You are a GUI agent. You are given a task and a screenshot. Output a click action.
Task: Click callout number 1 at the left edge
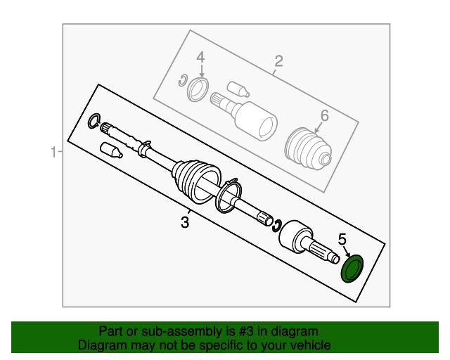click(53, 152)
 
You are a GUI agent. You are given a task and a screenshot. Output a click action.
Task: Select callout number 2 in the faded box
click(278, 61)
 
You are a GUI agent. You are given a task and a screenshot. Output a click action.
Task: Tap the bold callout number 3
click(185, 222)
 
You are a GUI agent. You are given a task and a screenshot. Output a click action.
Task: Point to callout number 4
click(200, 57)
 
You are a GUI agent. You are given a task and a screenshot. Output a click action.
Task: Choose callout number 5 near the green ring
click(342, 240)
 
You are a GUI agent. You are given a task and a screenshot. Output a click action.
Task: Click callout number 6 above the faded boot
click(325, 116)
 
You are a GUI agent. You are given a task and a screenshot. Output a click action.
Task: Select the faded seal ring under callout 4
click(198, 89)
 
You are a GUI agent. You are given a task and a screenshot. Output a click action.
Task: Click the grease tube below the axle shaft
click(111, 150)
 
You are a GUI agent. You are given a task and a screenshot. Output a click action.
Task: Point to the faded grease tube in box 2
click(238, 89)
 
